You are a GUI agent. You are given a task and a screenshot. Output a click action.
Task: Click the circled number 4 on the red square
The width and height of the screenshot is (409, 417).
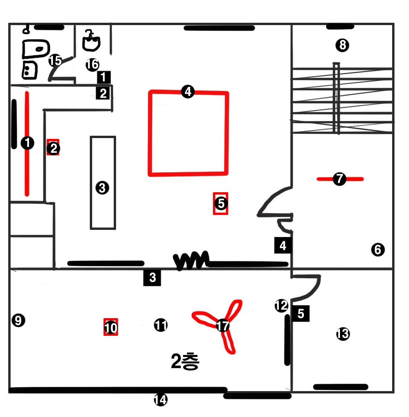point(188,92)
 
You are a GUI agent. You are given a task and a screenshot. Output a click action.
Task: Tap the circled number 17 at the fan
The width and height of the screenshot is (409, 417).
point(223,325)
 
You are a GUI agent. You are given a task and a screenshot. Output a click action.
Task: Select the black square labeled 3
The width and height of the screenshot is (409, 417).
point(152,278)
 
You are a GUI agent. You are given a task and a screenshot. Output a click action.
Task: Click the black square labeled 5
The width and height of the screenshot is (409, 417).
point(301,314)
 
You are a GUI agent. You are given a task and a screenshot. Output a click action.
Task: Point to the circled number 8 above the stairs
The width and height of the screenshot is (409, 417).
point(342,46)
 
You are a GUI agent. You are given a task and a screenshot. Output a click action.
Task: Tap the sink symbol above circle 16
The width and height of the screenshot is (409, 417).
point(91,41)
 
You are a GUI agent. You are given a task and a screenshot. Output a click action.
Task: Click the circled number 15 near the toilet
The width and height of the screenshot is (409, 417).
point(55,61)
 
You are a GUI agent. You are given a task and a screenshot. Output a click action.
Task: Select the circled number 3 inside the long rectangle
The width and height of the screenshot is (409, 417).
point(102,188)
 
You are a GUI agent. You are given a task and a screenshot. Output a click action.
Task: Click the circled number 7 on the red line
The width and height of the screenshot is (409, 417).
point(339,179)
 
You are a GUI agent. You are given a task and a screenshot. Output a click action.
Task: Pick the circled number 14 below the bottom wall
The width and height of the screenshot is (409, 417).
point(160,400)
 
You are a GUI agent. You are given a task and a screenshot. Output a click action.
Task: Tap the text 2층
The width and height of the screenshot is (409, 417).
point(185,362)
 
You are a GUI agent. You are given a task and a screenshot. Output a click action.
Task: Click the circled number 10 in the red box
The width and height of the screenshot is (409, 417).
point(111,327)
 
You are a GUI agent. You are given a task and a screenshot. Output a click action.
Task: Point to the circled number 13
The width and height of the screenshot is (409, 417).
point(343,334)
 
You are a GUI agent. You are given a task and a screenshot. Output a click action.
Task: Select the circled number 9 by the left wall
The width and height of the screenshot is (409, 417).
point(18,320)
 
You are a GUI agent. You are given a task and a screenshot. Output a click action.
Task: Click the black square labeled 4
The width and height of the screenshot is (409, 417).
point(283,246)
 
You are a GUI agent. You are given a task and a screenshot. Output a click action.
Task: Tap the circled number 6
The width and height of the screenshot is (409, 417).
point(378,249)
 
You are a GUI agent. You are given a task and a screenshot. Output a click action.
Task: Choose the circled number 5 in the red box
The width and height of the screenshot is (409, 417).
point(221,204)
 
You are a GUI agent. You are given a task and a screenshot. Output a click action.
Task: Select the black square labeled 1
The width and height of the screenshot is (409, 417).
point(104,76)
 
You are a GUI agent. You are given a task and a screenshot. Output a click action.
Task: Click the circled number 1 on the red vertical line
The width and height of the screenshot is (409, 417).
point(27,143)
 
